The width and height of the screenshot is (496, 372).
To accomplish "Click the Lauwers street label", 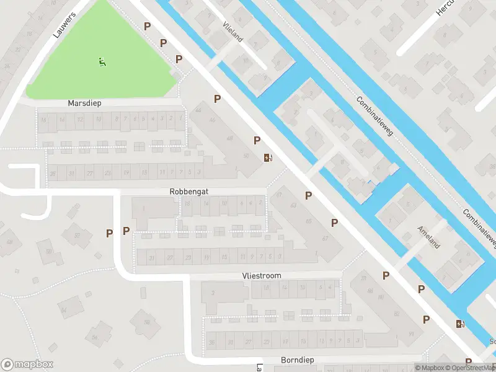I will (x=64, y=25).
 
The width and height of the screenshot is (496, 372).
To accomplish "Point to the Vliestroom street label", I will (x=261, y=275).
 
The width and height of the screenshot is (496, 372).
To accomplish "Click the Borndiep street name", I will (x=299, y=360).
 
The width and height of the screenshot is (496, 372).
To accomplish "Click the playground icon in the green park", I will (x=101, y=61).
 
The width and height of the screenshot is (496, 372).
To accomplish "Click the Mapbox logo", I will (x=27, y=365).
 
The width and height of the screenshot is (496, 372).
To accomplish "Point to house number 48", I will (x=230, y=138).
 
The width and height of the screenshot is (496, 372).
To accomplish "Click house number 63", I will (x=293, y=206).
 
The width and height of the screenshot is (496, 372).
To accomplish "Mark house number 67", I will (x=324, y=238).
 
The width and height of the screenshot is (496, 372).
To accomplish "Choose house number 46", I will (x=213, y=120).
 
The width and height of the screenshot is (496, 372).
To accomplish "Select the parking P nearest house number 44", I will (x=218, y=99).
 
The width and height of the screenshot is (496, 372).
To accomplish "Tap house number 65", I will (x=309, y=221).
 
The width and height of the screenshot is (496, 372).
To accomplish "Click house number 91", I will (x=410, y=334).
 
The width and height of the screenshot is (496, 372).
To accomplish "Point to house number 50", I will (x=246, y=156).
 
